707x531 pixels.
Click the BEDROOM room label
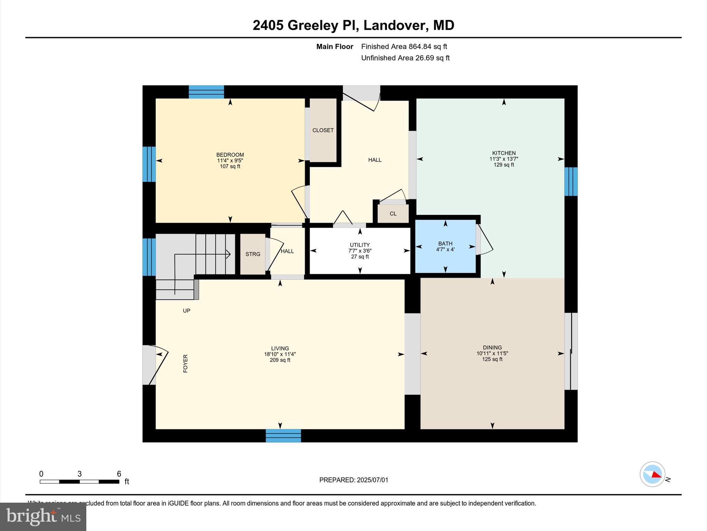click(x=230, y=155)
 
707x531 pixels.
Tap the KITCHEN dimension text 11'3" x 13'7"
click(x=504, y=159)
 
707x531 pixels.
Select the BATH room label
click(x=445, y=243)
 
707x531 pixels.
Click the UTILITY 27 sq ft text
click(x=360, y=257)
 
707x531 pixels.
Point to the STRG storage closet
click(x=253, y=254)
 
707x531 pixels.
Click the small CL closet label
click(x=393, y=214)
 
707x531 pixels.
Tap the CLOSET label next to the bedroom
click(x=323, y=130)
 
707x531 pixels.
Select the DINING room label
click(x=492, y=347)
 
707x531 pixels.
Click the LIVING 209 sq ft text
click(x=280, y=360)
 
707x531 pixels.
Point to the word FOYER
click(x=185, y=363)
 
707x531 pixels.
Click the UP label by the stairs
click(x=186, y=310)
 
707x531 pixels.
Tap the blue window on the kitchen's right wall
click(x=571, y=181)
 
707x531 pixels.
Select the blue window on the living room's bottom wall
click(x=283, y=436)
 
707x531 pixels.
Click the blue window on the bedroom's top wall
click(x=206, y=92)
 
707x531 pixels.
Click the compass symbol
click(x=652, y=474)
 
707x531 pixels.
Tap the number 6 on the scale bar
click(x=119, y=474)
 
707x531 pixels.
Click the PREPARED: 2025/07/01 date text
click(x=353, y=480)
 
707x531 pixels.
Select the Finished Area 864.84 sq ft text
click(x=404, y=46)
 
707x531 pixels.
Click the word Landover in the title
click(x=394, y=25)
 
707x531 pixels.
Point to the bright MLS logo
click(x=43, y=516)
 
